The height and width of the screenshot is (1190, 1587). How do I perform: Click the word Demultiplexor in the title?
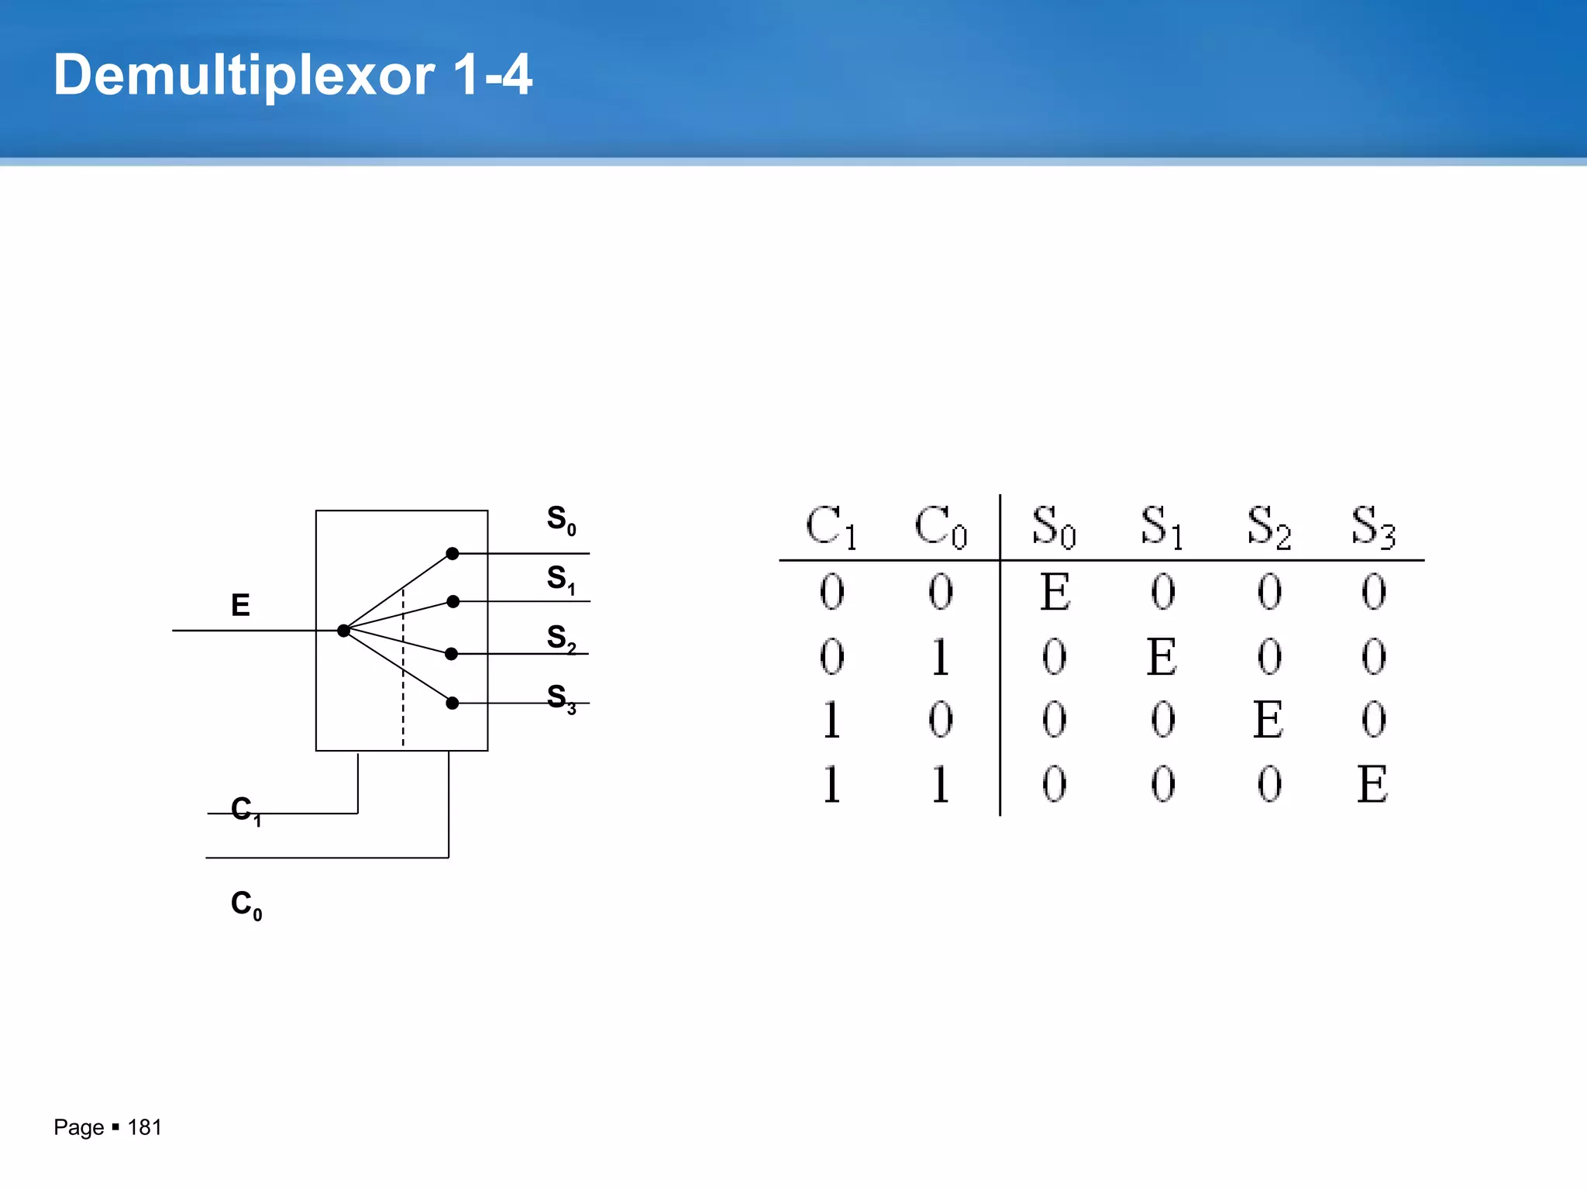coord(244,77)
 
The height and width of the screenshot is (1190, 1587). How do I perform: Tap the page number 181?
coord(144,1127)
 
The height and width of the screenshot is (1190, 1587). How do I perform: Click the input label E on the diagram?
coord(240,605)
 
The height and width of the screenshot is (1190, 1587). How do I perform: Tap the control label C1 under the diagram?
coord(246,810)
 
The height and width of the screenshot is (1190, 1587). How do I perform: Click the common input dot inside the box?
coord(343,631)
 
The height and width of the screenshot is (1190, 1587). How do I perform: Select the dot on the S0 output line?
coord(453,553)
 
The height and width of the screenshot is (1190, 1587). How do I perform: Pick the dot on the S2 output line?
coord(452,654)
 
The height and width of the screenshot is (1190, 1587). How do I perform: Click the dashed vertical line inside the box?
coord(403,682)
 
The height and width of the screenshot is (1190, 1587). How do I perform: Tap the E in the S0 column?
coord(1055,592)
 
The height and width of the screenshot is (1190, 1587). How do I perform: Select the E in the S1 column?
coord(1162,657)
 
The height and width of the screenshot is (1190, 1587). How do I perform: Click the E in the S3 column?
coord(1372,784)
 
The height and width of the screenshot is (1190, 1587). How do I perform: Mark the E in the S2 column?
coord(1268,720)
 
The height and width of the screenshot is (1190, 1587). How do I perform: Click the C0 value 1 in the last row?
coord(940,784)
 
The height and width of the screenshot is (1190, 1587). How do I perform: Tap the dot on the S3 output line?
coord(453,703)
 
